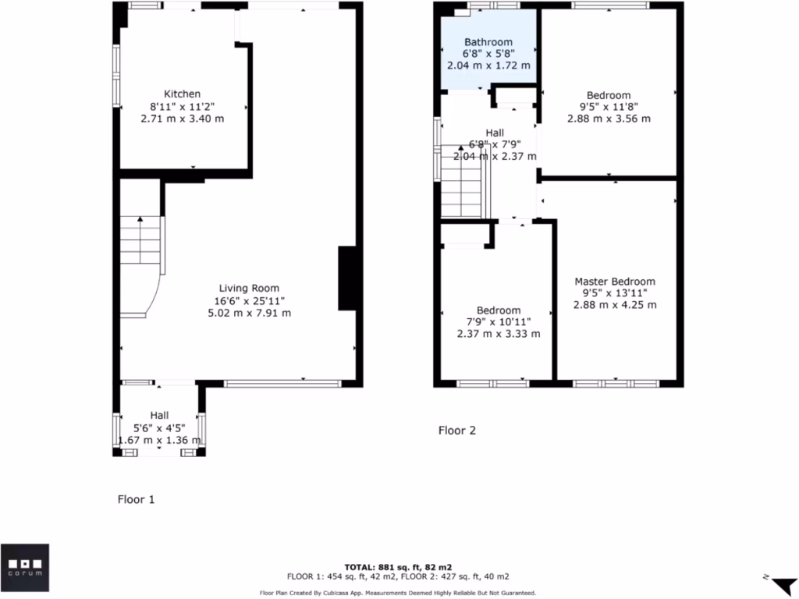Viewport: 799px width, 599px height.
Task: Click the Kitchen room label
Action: click(182, 94)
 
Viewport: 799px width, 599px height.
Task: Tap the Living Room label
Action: click(249, 288)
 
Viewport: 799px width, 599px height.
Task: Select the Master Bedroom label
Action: click(615, 282)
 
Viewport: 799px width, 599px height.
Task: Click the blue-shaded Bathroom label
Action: click(488, 42)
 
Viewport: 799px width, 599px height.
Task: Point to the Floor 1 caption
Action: click(136, 499)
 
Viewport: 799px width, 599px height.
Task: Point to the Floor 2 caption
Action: click(456, 430)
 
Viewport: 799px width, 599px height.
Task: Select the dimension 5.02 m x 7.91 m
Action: click(249, 313)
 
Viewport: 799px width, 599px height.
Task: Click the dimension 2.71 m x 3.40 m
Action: click(182, 119)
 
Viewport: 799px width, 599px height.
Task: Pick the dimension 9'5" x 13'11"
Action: click(615, 293)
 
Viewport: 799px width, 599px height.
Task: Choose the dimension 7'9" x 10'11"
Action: click(499, 322)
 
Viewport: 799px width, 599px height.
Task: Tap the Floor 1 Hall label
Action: click(159, 415)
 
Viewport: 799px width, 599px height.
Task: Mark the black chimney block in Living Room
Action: click(346, 278)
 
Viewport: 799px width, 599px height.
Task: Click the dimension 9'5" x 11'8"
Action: click(609, 107)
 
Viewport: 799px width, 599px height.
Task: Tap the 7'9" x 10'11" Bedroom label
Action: click(499, 310)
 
